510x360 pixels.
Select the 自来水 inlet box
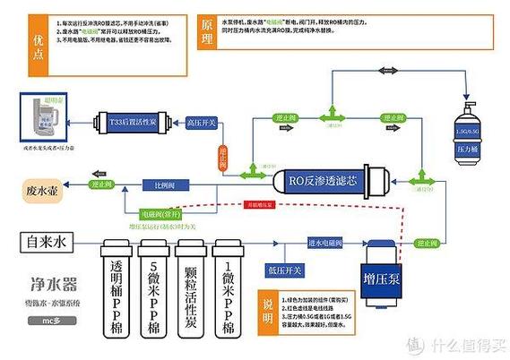45,241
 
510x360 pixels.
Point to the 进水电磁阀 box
325,242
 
